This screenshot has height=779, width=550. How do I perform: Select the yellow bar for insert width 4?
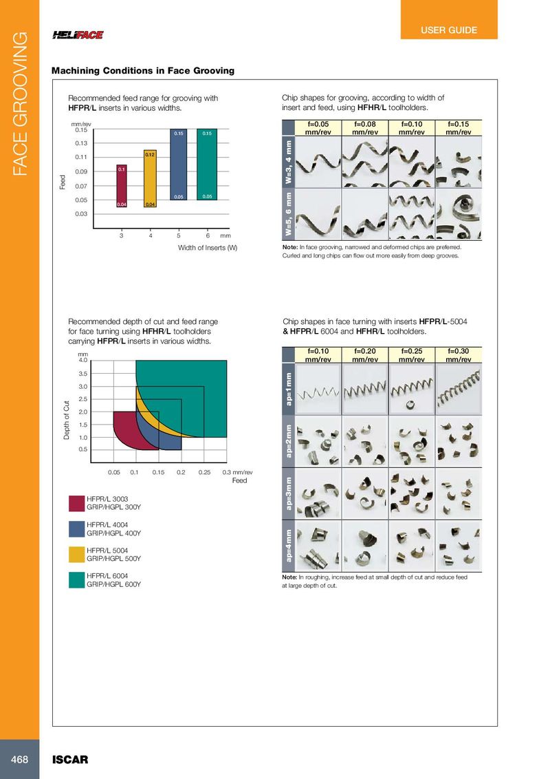click(x=150, y=179)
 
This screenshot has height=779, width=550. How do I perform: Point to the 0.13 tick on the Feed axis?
click(x=81, y=143)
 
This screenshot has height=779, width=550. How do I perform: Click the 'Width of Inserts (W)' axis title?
click(x=208, y=248)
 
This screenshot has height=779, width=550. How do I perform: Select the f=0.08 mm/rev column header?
click(x=365, y=127)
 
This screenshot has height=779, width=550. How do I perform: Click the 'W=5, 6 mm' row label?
click(x=289, y=213)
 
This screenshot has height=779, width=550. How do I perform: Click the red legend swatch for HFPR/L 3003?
click(x=76, y=503)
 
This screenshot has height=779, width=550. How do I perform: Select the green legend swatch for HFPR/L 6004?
click(x=76, y=580)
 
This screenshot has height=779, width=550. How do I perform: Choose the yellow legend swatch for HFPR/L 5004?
click(x=76, y=554)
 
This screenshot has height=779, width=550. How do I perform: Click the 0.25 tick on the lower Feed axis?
click(x=203, y=473)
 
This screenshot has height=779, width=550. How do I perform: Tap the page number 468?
click(x=19, y=759)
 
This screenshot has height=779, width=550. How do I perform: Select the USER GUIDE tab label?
click(x=449, y=30)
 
